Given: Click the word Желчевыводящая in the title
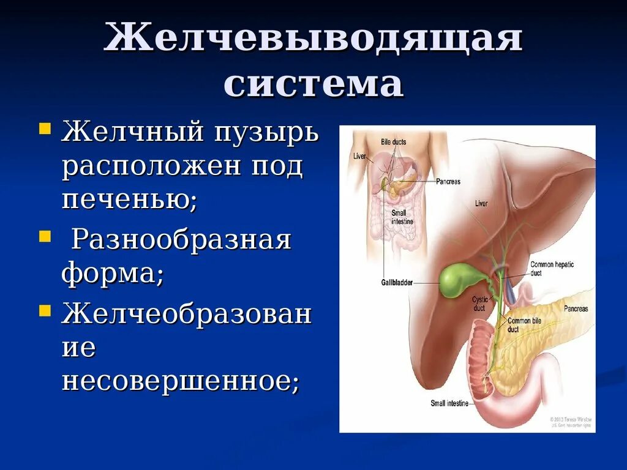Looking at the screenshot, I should click(x=313, y=39).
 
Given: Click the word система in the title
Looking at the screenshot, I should click(x=313, y=84).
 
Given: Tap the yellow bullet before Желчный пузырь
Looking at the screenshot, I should click(x=45, y=129).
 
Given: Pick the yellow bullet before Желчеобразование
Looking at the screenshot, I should click(x=45, y=310).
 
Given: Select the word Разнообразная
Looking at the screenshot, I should click(x=181, y=241).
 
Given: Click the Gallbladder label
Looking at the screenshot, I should click(x=396, y=283).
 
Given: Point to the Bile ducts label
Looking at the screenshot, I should click(x=393, y=142).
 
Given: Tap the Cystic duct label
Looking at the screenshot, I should click(x=478, y=304).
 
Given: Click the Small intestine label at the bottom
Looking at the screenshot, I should click(x=449, y=403).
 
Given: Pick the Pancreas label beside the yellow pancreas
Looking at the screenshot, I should click(x=576, y=309).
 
